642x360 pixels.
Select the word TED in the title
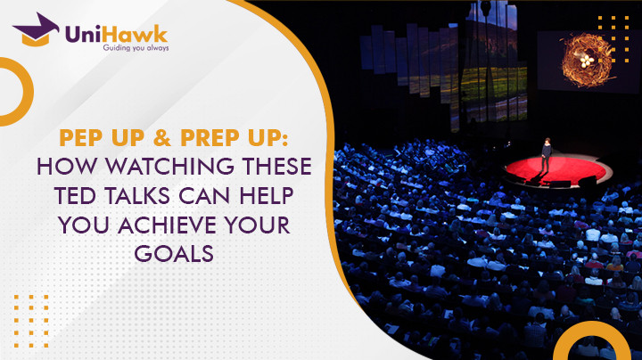(83, 195)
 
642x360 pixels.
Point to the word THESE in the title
(280, 167)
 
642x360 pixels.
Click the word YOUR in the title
(268, 224)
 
